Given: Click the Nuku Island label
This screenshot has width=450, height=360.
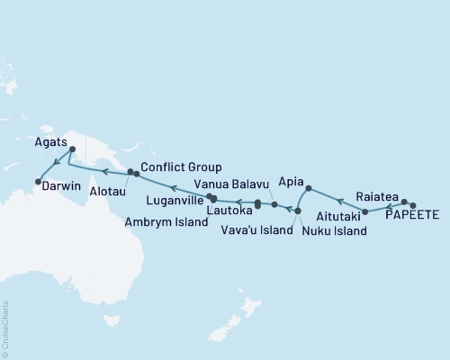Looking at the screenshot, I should pyautogui.click(x=334, y=231).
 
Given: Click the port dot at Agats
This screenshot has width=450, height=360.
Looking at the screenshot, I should pyautogui.click(x=73, y=149).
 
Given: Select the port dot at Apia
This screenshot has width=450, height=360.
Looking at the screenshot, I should pyautogui.click(x=309, y=189).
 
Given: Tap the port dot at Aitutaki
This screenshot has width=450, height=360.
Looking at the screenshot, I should pyautogui.click(x=364, y=211).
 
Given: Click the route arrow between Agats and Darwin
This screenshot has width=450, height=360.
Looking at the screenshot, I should pyautogui.click(x=56, y=163).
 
